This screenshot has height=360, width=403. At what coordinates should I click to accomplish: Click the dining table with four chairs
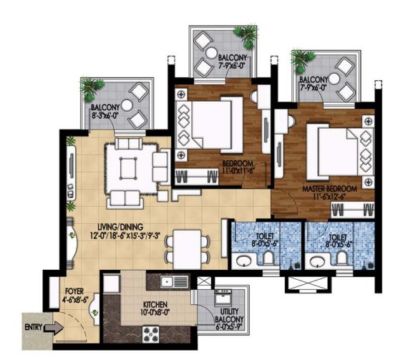point(183,248)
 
